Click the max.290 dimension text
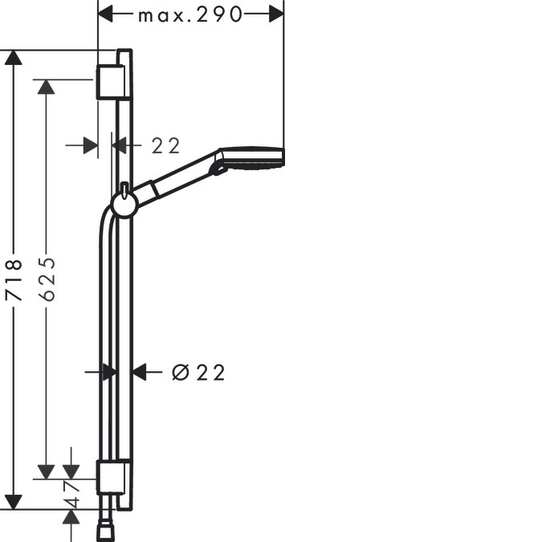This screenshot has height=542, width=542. [x=190, y=15]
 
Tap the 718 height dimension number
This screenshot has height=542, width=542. [x=14, y=279]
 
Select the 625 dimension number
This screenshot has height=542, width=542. [x=47, y=279]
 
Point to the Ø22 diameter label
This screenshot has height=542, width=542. [x=198, y=373]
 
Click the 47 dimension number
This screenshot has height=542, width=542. [x=72, y=494]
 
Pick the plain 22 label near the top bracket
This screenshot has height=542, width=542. [x=166, y=146]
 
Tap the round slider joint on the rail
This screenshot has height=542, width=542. [x=124, y=205]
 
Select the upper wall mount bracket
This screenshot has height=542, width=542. [x=110, y=82]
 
